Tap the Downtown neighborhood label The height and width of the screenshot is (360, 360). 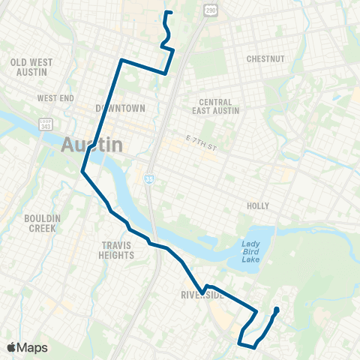(120, 108)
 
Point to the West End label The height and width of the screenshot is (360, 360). (55, 98)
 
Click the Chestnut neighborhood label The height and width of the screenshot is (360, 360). (267, 58)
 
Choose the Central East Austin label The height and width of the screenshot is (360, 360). (215, 107)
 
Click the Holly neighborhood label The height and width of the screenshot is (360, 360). (257, 205)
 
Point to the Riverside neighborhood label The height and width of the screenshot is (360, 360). (202, 295)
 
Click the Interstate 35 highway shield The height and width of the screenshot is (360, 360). (149, 178)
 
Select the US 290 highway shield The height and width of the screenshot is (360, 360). (211, 7)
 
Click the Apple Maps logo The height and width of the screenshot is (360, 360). (27, 347)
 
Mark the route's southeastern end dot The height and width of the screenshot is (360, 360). (276, 310)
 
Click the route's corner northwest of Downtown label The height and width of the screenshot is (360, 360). (121, 58)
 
